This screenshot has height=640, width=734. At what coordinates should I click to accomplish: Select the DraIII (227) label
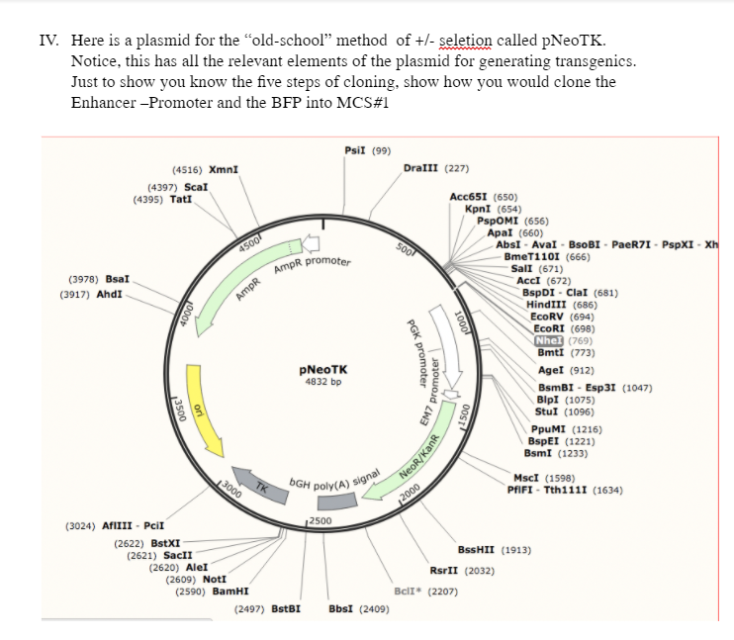[x=436, y=167]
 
